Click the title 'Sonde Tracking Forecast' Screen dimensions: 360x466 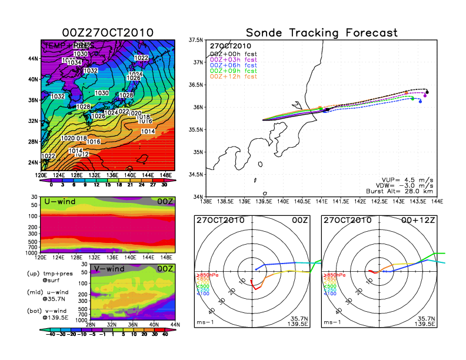point(321,32)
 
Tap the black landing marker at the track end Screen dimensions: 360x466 point(427,92)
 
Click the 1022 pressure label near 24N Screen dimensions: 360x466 point(49,156)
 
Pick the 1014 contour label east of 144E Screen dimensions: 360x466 point(148,132)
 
